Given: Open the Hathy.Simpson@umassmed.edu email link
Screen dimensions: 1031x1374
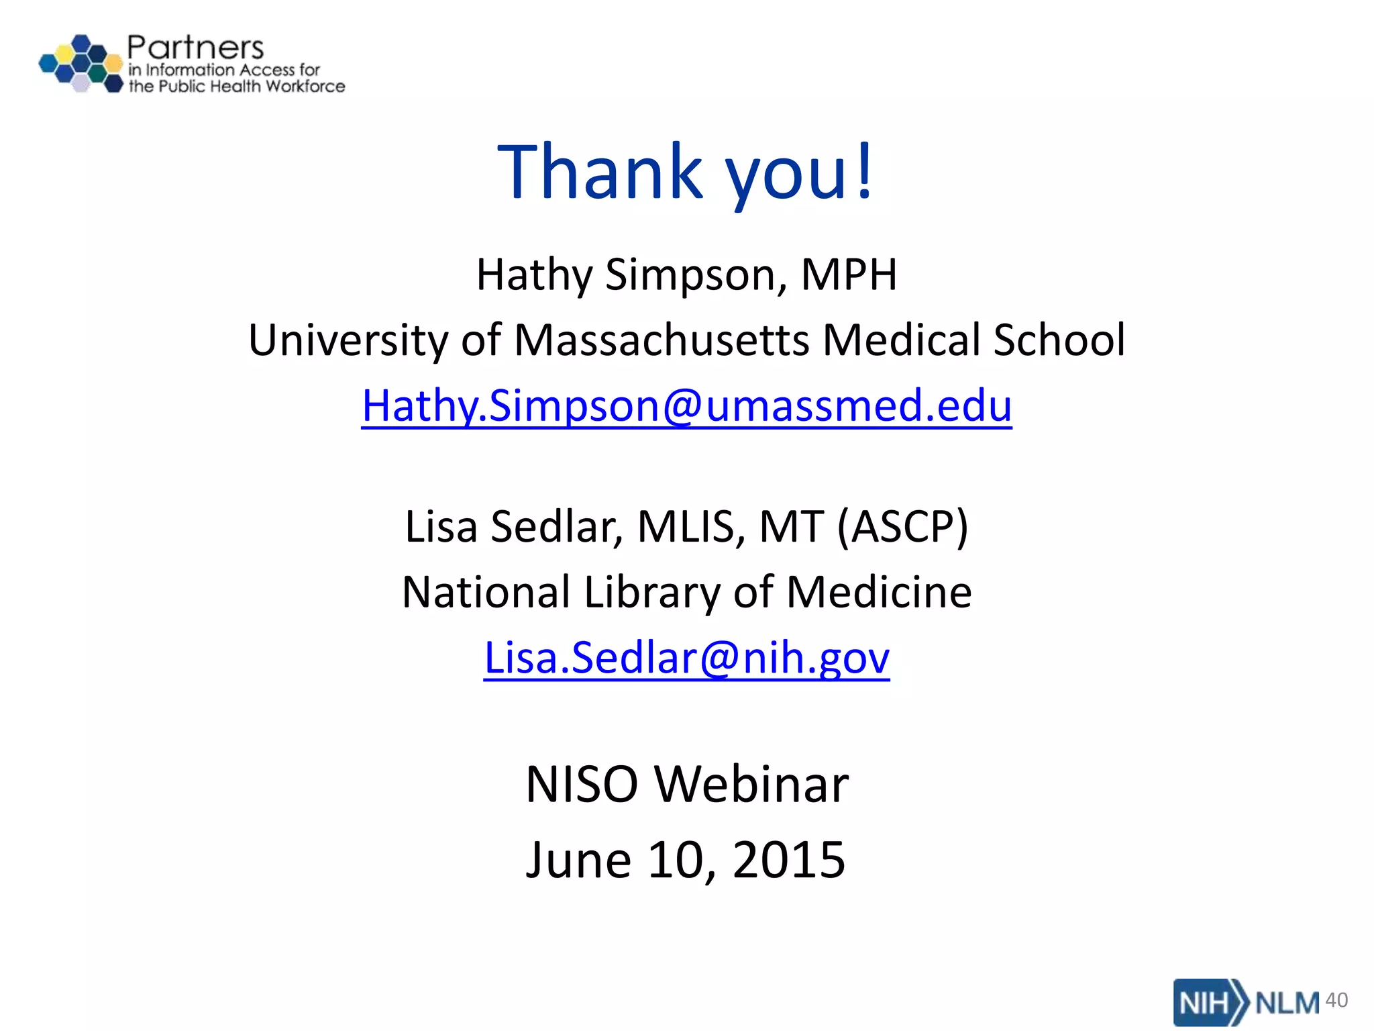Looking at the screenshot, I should pos(686,406).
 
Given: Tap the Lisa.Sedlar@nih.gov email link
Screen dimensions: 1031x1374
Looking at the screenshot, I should pos(686,658).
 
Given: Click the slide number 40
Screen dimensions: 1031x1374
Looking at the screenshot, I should pos(1336,999).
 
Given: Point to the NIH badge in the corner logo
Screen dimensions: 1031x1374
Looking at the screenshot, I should pos(1204,1003).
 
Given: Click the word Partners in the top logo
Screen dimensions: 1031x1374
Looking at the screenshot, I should pos(195,48).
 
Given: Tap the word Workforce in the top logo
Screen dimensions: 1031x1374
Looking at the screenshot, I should pos(305,87).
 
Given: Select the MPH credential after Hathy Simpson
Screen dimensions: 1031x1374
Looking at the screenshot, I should pos(849,275).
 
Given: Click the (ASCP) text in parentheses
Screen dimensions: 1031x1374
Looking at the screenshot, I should pos(902,527).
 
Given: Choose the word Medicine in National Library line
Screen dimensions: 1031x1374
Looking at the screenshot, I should pos(879,593).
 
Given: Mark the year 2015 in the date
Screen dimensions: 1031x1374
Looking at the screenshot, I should pos(788,860).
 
